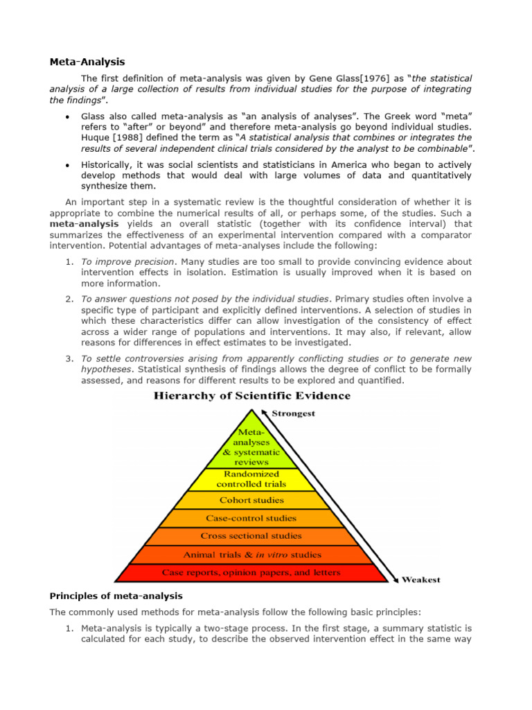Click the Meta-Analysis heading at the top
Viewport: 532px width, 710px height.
[87, 62]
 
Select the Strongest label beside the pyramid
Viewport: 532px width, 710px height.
[294, 414]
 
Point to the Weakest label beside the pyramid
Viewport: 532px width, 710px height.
[420, 580]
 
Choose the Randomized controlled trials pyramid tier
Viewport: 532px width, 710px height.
[251, 479]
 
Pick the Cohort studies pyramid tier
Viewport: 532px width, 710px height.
[251, 500]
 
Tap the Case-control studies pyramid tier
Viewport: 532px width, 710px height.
[251, 518]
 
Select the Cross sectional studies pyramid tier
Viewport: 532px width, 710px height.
[251, 536]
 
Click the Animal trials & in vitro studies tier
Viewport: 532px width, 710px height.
[251, 555]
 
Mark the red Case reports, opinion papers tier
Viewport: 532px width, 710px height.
[251, 573]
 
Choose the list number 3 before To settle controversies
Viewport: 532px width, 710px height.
[69, 358]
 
